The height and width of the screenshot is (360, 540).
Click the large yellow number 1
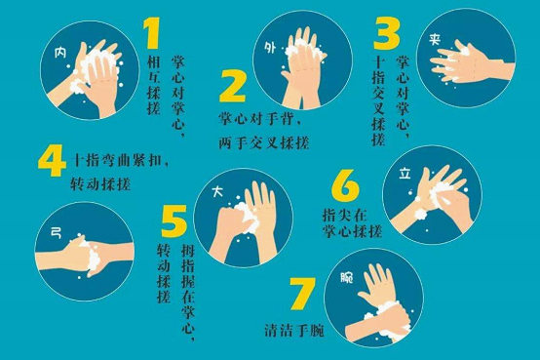151,35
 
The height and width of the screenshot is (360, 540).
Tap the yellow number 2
232,87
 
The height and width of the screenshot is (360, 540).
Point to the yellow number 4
52,161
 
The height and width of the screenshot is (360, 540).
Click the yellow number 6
345,185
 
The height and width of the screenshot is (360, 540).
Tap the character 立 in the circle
405,177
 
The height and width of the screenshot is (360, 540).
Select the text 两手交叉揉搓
263,143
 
